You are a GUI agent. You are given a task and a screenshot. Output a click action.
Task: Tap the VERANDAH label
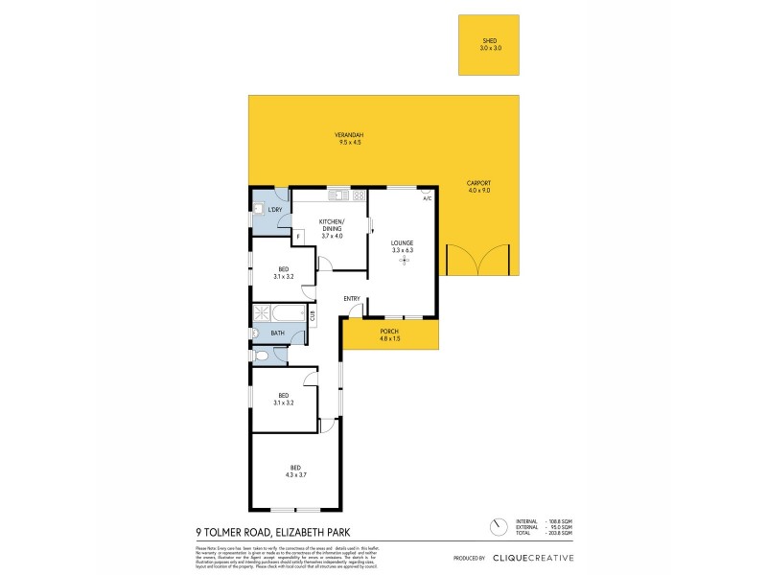click(x=348, y=135)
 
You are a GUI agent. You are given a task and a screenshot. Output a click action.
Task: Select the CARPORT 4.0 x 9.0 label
click(x=478, y=186)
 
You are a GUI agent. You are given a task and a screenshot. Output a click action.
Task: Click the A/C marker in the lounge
click(x=427, y=197)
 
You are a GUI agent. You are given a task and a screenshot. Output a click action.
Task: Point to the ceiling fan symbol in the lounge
click(x=404, y=260)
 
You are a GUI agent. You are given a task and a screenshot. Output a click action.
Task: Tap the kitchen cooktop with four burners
click(x=359, y=196)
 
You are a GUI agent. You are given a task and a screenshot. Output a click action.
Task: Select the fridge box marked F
click(x=298, y=236)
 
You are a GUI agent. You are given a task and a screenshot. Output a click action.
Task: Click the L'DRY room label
click(x=274, y=209)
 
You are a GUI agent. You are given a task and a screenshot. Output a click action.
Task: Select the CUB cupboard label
click(x=312, y=313)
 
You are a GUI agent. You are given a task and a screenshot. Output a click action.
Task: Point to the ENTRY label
click(x=352, y=298)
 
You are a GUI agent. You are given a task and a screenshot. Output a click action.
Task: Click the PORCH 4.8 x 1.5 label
click(x=390, y=334)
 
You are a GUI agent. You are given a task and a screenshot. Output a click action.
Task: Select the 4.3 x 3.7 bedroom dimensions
click(x=295, y=473)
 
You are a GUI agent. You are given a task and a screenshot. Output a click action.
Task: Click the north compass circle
click(x=498, y=527)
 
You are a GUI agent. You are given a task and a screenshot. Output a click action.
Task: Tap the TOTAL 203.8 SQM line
click(x=544, y=534)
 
